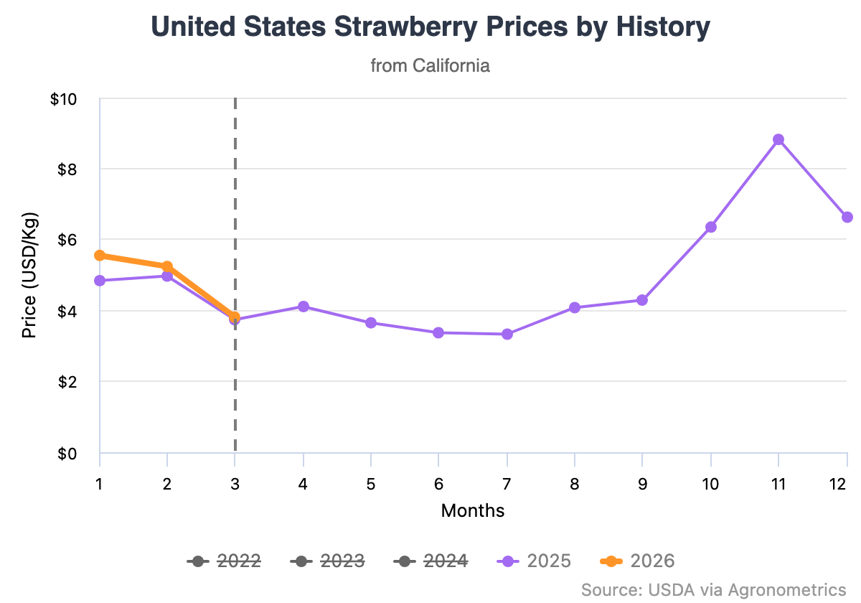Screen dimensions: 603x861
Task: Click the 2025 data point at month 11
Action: coord(778,139)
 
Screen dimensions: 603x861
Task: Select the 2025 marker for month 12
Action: coord(847,217)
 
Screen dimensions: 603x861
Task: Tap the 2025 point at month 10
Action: coord(711,227)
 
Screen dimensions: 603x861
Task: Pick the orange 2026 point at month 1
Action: coord(100,256)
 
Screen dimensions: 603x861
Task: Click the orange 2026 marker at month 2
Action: coord(167,266)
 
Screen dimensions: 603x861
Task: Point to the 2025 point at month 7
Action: coord(507,334)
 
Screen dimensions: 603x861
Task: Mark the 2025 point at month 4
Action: coord(304,307)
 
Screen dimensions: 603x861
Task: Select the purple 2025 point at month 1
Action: coord(100,281)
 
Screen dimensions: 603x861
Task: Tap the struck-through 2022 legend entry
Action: coord(224,561)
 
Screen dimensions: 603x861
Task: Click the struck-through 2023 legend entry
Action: coord(328,561)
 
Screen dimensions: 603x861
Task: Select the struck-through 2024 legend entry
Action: coord(431,561)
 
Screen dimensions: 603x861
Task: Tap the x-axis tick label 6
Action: coord(439,484)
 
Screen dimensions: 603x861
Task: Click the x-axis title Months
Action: coord(473,511)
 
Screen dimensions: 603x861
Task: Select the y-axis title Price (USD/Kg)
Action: coord(29,276)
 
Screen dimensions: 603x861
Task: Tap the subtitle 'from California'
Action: coord(430,66)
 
